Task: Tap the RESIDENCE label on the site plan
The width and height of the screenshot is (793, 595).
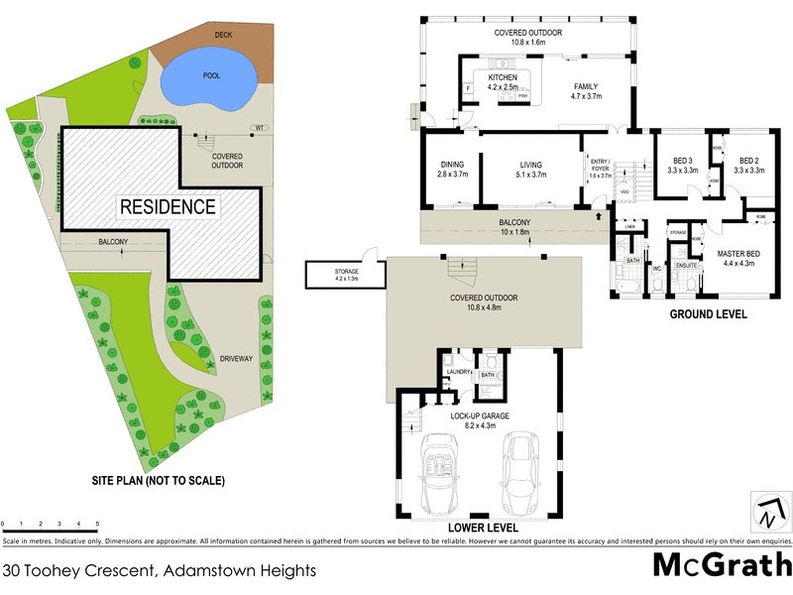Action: point(168,207)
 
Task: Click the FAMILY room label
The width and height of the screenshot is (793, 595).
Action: point(586,86)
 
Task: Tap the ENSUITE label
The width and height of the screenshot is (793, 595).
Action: point(686,265)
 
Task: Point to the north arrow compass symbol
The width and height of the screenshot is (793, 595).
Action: point(770,512)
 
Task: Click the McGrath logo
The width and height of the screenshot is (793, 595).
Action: point(720,564)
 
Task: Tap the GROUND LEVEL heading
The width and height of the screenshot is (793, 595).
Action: point(707,315)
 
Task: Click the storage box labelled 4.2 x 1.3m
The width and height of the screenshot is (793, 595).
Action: point(346,274)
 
